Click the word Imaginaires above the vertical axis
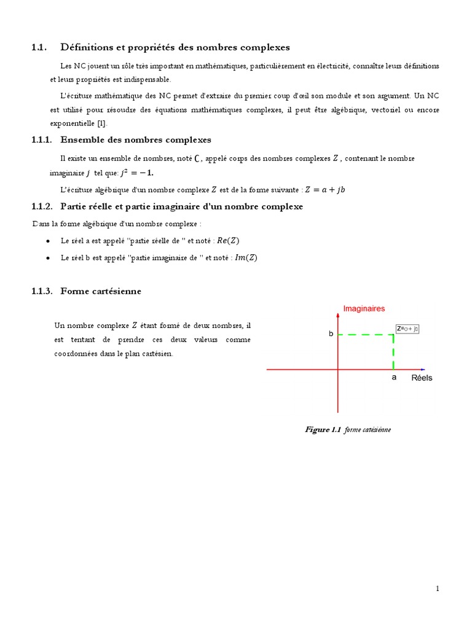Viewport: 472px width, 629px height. (364, 308)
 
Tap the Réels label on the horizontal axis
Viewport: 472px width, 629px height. (422, 378)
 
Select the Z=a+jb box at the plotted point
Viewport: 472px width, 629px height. (407, 329)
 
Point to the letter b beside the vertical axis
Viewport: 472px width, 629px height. (331, 334)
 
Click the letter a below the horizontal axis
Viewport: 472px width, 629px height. (394, 378)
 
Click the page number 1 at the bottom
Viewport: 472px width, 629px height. (437, 588)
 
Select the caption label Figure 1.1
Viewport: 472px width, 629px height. (323, 429)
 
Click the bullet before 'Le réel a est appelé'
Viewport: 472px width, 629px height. (48, 241)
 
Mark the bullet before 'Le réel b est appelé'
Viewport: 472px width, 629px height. (48, 259)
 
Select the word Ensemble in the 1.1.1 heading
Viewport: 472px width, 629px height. (85, 140)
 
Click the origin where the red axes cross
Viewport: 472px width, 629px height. (337, 369)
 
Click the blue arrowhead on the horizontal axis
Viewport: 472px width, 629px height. (423, 369)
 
